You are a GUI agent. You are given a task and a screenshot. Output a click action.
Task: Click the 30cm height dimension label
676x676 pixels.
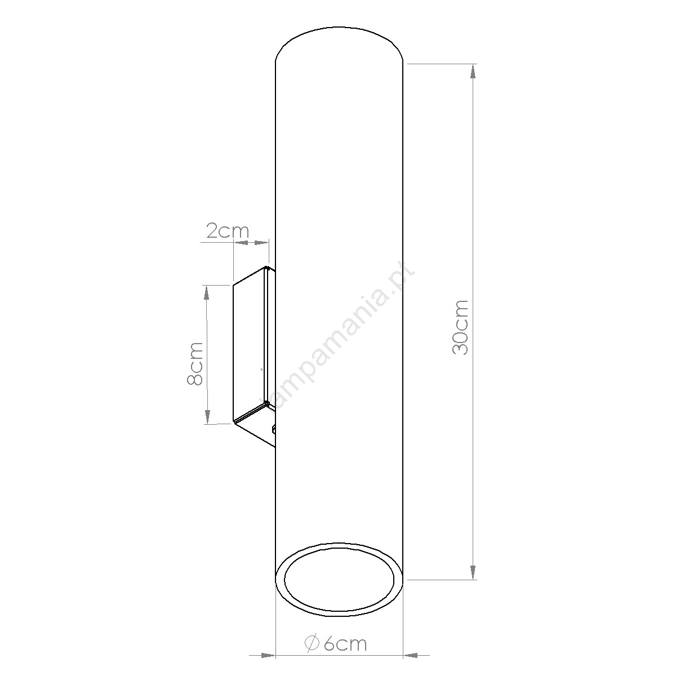(x=460, y=328)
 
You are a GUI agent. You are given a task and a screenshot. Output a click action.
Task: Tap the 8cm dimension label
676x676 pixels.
(x=195, y=364)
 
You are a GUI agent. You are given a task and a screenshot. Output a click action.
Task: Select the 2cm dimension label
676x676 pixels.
(x=228, y=230)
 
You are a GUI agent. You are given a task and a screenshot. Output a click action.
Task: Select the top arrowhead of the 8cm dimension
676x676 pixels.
(x=207, y=292)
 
